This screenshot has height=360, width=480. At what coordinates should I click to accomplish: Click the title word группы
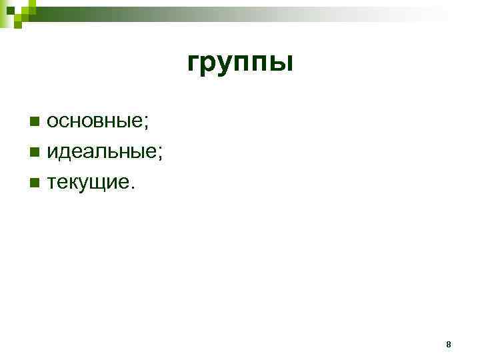pyautogui.click(x=240, y=63)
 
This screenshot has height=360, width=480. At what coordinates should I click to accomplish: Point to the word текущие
pyautogui.click(x=88, y=182)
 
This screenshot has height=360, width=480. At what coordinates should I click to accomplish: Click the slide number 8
pyautogui.click(x=448, y=345)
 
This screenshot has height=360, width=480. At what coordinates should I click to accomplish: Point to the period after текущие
pyautogui.click(x=132, y=187)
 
